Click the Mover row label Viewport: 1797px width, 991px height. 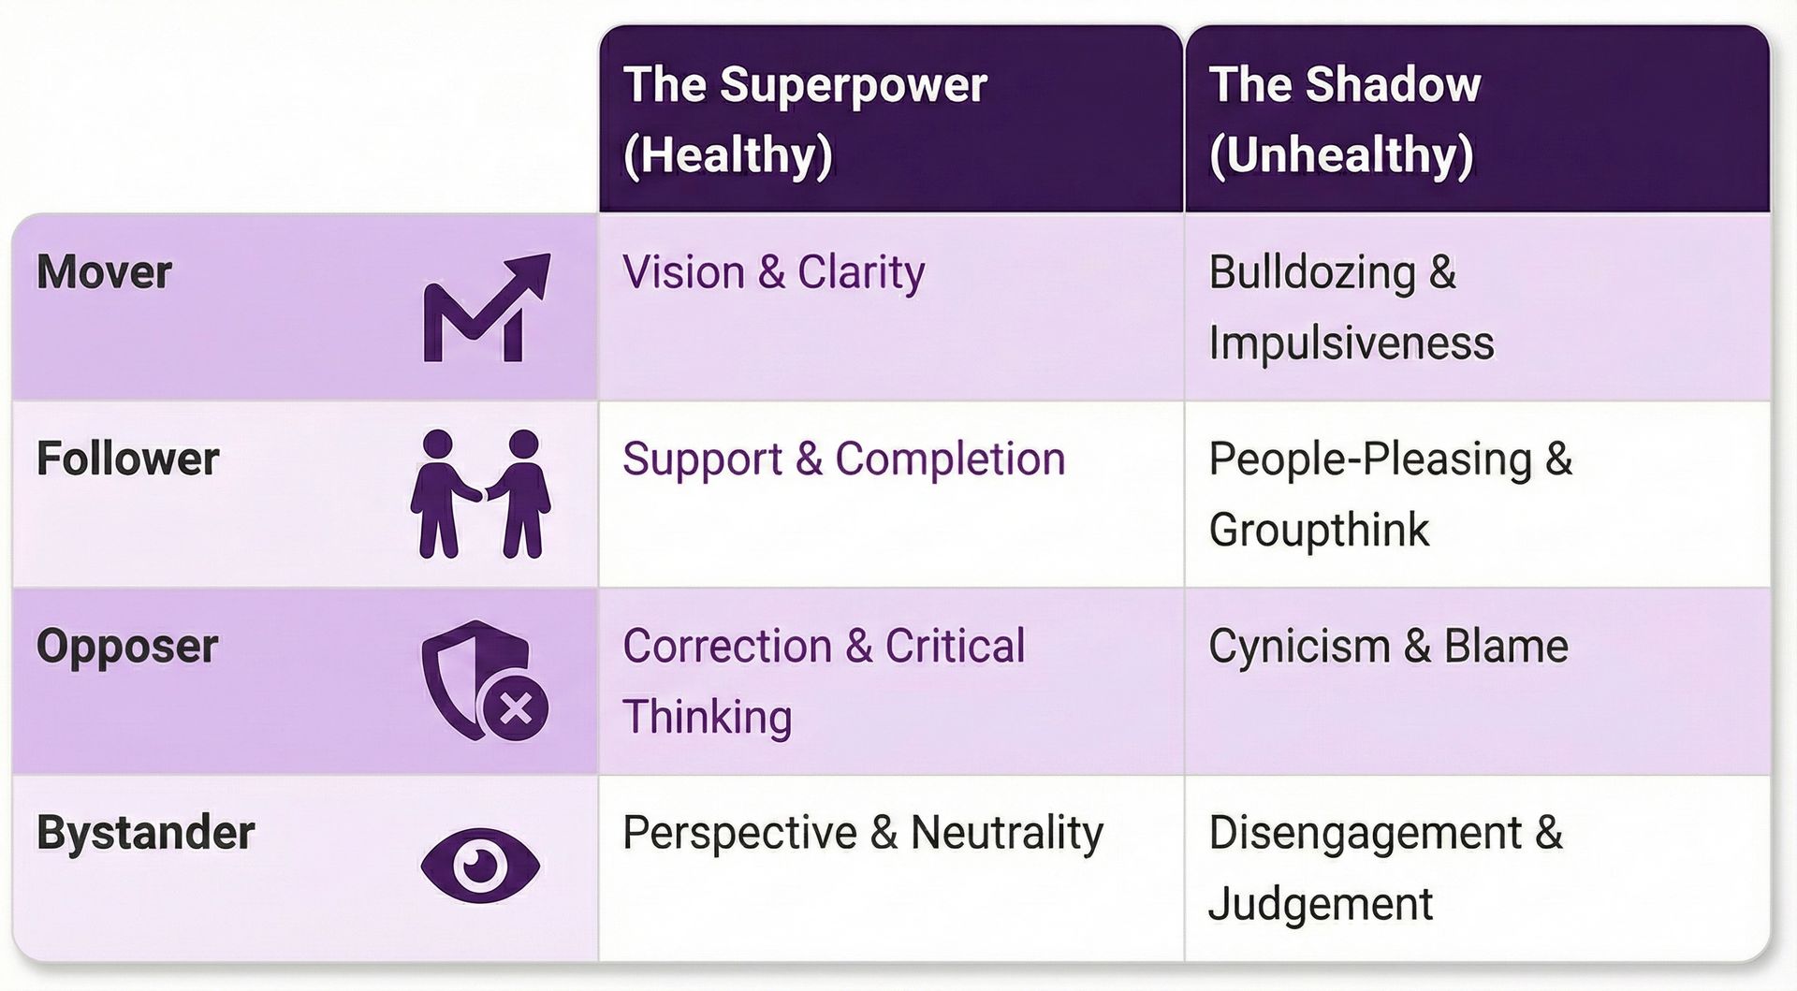(104, 272)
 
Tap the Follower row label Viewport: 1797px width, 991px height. (127, 459)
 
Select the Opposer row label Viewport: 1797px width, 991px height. (127, 646)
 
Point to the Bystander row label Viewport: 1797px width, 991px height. (145, 833)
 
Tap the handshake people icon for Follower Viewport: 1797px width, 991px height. (480, 494)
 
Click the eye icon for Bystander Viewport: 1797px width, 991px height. (480, 864)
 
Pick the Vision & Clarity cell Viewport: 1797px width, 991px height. (773, 272)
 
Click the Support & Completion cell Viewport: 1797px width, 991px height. (843, 459)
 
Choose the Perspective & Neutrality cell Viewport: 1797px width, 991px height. (863, 833)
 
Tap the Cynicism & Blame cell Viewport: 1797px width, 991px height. (1388, 646)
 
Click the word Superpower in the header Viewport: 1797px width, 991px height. (853, 84)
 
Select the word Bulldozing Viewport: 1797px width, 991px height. (1312, 272)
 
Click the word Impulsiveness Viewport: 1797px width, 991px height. (1351, 342)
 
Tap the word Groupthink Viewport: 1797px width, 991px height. (1319, 530)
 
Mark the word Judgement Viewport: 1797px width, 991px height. (1320, 904)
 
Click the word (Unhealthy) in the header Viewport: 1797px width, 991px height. (1340, 154)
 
